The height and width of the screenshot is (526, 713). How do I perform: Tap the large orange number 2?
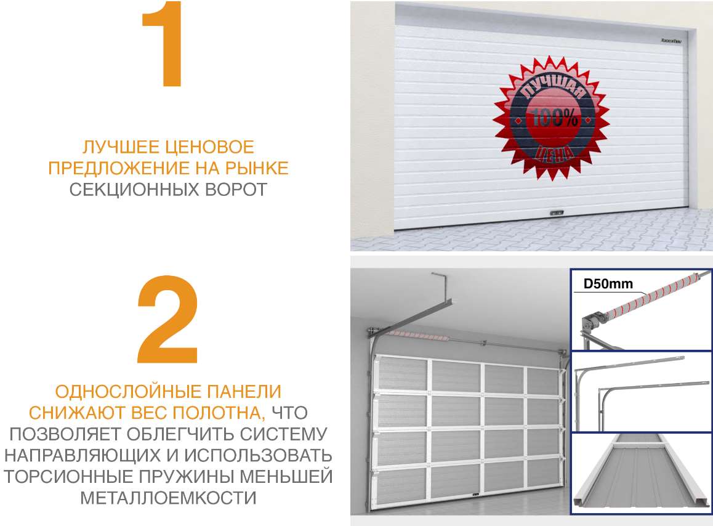pos(167,320)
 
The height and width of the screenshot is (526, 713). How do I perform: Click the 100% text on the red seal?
pos(552,116)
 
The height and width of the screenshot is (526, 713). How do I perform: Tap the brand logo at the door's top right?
pos(671,41)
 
